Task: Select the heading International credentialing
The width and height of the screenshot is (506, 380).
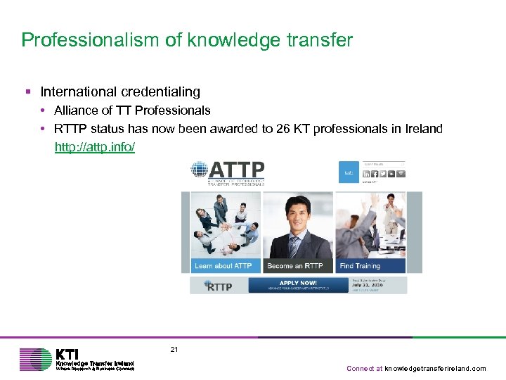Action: [120, 92]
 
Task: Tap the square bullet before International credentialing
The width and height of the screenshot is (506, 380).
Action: [27, 92]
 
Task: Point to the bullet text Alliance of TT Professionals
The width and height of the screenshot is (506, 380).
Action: [132, 110]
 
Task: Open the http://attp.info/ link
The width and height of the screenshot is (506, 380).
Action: [95, 147]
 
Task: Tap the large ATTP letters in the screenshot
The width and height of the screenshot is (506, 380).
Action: [237, 170]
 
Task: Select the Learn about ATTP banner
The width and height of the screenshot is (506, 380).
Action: [223, 266]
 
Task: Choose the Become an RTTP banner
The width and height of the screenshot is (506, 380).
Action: [295, 266]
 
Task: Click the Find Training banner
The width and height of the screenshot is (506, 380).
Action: [360, 266]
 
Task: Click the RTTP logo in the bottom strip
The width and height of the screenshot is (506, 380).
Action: [218, 286]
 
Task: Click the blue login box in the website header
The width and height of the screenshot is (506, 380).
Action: [348, 172]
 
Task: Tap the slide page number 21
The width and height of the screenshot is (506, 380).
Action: [174, 349]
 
